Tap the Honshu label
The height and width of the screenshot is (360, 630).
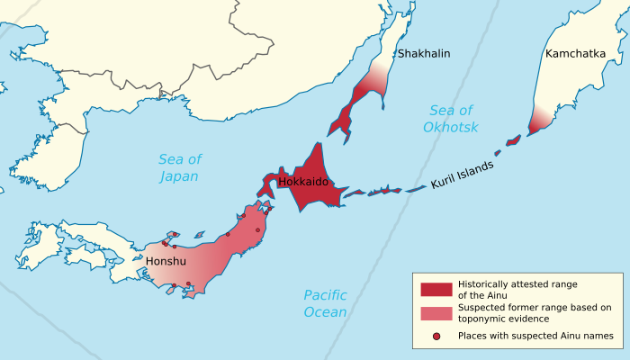click(166, 261)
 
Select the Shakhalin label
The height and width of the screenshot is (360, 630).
click(423, 54)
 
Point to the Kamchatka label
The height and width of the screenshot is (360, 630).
click(575, 54)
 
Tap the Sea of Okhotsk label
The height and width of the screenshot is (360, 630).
click(450, 119)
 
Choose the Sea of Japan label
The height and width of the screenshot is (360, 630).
click(179, 167)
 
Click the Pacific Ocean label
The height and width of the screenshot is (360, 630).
click(325, 303)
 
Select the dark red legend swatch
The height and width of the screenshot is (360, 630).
click(436, 289)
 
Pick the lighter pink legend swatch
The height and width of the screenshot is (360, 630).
click(436, 313)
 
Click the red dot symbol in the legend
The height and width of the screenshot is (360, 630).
click(436, 337)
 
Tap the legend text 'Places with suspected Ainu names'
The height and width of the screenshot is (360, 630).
click(535, 337)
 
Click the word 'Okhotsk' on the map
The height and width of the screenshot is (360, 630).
click(450, 128)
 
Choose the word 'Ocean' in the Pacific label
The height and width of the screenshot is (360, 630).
click(325, 312)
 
